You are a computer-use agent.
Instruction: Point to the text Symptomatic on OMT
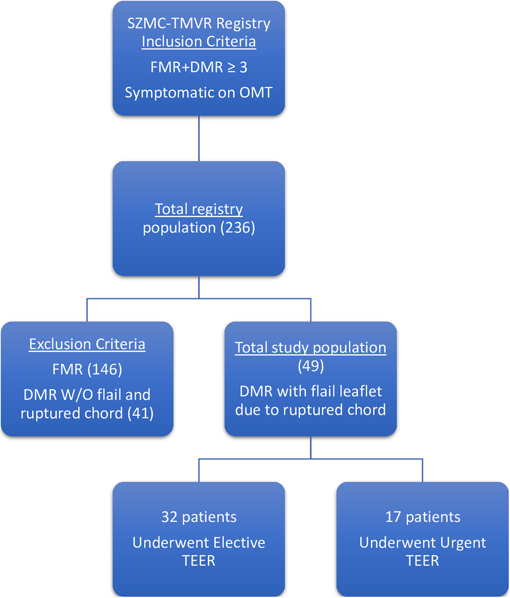pos(198,93)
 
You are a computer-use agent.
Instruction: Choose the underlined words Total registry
pos(198,209)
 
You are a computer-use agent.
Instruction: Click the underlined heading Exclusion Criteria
pos(87,345)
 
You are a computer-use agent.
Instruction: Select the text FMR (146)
pos(87,369)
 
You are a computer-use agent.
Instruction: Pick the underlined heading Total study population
pos(310,348)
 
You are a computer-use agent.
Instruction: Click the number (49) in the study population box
pos(310,367)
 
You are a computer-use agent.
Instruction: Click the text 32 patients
pos(198,517)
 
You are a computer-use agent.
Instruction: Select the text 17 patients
pos(422,517)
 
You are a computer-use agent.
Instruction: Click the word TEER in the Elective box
pos(198,561)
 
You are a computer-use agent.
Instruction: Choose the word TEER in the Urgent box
pos(422,561)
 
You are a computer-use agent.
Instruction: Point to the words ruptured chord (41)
pos(87,412)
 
